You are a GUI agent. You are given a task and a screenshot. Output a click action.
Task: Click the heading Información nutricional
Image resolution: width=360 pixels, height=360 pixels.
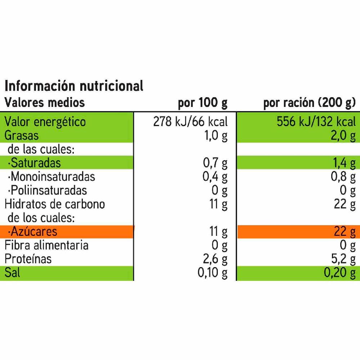(74, 86)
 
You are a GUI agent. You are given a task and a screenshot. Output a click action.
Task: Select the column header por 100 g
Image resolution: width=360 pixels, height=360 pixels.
(203, 103)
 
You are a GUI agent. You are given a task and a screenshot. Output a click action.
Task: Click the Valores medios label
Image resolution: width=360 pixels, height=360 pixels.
(45, 103)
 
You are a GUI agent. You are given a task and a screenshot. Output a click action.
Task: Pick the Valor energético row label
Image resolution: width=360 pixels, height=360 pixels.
(45, 122)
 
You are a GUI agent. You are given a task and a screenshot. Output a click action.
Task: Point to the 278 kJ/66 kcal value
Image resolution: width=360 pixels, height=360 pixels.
(190, 122)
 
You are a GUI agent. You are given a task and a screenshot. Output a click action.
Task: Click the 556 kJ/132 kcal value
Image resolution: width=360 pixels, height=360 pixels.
(316, 122)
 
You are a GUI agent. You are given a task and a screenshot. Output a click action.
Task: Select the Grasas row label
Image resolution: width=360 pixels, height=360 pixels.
(21, 136)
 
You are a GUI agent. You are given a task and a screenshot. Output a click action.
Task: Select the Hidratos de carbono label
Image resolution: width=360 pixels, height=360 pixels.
(55, 204)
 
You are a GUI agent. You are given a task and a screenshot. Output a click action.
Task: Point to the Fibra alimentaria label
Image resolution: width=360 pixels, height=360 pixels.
(46, 245)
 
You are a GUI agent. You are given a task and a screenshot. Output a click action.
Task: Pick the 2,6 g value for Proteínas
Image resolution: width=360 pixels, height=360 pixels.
(215, 259)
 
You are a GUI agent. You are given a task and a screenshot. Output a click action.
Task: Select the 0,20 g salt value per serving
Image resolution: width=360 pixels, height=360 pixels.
(339, 273)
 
